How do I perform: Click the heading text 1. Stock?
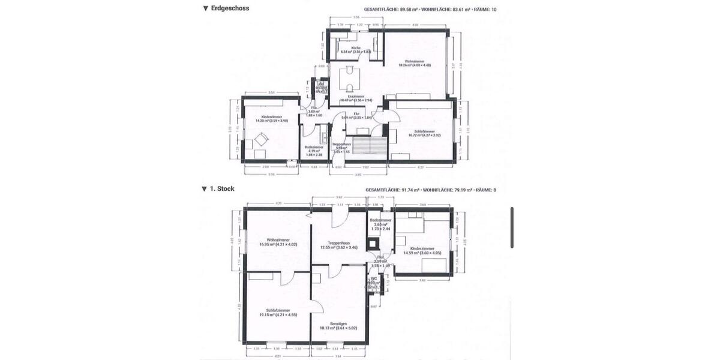[222, 188]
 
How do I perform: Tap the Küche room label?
[356, 47]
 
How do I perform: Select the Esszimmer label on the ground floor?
[356, 96]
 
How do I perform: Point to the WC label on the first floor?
[373, 278]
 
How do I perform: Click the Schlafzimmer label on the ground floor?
[424, 131]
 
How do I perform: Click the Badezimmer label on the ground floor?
[314, 146]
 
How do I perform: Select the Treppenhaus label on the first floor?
[339, 242]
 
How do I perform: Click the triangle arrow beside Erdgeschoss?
[205, 8]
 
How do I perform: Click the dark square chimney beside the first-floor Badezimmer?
[374, 244]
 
